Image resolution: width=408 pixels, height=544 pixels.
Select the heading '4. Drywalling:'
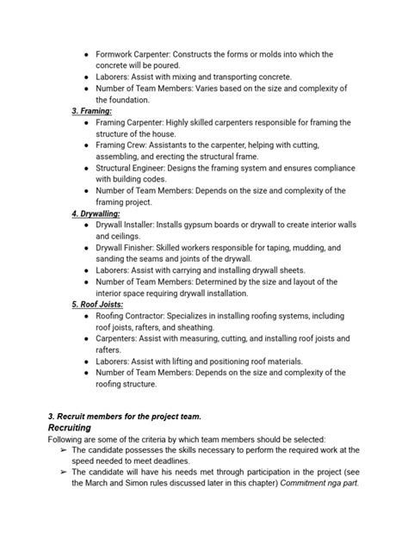96,213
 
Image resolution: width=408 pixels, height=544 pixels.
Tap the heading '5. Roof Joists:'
98,304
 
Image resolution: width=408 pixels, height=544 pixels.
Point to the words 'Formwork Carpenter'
133,54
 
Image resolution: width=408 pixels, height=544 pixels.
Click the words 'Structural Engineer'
133,168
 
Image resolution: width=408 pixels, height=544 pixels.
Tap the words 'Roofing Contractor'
133,316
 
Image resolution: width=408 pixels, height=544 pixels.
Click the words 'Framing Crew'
121,145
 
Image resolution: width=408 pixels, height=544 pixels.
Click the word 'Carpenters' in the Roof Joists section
120,338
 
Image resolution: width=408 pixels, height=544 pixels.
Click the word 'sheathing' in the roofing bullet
211,327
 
